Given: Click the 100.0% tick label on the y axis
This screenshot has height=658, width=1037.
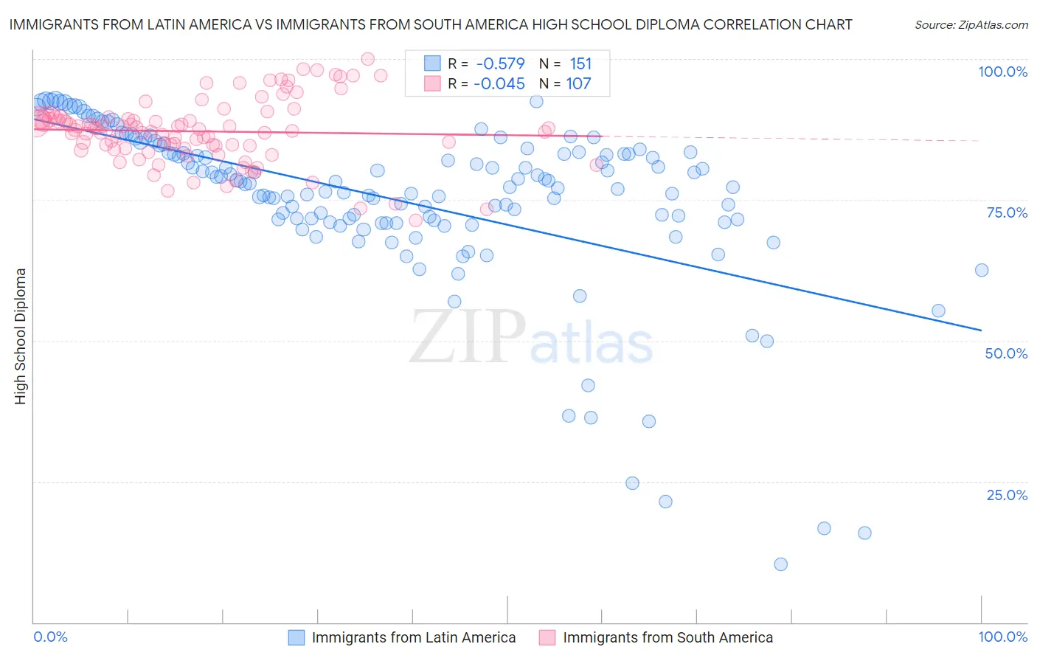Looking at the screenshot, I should coord(1002,72).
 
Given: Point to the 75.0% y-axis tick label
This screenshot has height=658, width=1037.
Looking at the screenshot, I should coord(1007,212).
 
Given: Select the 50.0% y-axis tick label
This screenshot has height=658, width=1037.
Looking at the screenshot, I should coord(1006,353).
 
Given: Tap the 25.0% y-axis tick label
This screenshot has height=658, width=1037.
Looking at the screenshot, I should coord(1007,495).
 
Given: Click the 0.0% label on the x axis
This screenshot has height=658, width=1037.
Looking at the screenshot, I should coord(50,637).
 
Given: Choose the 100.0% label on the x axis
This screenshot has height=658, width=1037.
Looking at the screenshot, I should coord(1002,637).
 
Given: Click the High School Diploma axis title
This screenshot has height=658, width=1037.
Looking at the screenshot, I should coord(20,336).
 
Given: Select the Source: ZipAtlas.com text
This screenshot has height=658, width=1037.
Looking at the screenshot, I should coord(971,24).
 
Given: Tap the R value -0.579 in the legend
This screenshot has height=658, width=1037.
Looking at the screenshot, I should coord(500,63).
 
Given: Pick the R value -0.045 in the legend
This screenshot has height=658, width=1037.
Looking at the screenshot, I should coord(500,83).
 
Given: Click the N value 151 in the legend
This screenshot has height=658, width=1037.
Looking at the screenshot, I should coord(580,63).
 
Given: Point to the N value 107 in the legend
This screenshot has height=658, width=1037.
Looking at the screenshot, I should coord(578,83).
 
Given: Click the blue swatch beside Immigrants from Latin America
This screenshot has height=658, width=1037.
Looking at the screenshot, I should coord(296,637).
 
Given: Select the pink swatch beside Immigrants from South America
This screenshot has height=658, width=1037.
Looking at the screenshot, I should coord(547,637).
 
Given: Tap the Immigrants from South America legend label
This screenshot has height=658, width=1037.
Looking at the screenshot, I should coord(667,637).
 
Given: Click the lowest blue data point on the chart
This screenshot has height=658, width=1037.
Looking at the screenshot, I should coord(780,564).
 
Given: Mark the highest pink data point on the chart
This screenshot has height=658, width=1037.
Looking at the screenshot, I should coord(367,59).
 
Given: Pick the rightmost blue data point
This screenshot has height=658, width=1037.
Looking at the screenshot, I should coord(981,270).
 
